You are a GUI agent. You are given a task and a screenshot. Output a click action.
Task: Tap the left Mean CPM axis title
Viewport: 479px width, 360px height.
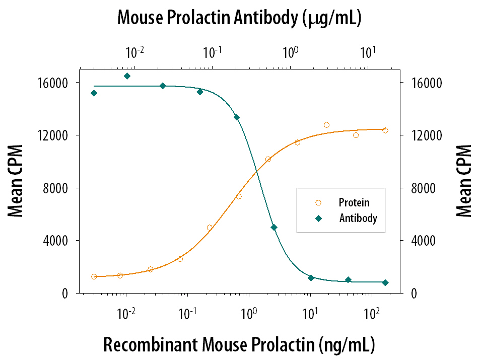pos(16,188)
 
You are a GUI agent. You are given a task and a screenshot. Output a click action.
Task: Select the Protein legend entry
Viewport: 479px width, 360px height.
pos(354,202)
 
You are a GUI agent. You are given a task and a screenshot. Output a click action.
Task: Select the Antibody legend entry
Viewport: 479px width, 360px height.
pos(358,219)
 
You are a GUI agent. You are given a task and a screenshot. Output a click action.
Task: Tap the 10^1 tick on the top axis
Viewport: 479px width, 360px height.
pos(368,52)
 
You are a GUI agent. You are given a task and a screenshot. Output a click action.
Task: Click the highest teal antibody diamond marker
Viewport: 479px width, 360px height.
pos(127,76)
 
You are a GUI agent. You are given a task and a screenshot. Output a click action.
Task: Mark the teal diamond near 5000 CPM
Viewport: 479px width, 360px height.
pos(274,228)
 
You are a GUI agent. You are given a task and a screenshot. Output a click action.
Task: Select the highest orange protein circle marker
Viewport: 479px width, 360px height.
pos(326,125)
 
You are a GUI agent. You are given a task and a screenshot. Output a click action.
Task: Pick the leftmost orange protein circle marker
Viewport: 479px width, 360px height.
pos(94,276)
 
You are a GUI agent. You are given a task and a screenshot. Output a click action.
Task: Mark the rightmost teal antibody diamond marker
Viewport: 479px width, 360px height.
pos(385,283)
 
